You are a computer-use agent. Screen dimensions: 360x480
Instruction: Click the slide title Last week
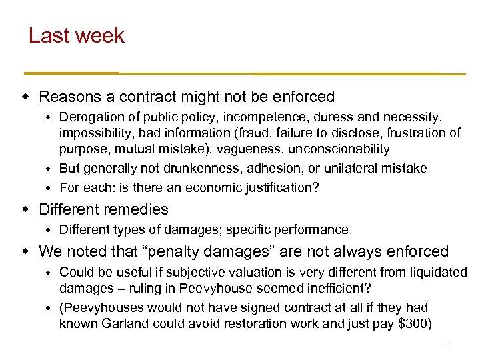click(x=76, y=35)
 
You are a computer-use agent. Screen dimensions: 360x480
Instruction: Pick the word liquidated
click(x=437, y=272)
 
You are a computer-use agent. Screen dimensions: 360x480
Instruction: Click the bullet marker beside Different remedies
click(x=27, y=209)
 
